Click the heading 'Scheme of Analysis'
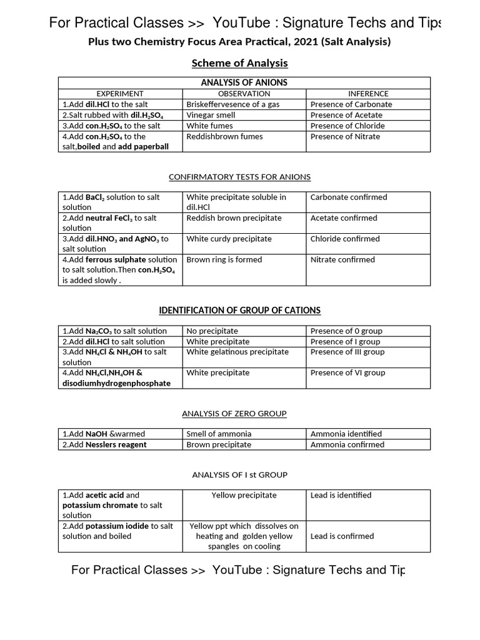click(x=239, y=63)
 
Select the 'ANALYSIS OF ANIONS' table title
click(x=244, y=82)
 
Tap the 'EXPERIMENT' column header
click(x=119, y=94)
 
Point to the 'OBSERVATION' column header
click(x=244, y=94)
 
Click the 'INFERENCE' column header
click(x=368, y=94)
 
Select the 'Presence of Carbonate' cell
click(x=351, y=104)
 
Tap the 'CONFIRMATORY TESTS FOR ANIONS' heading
click(x=239, y=177)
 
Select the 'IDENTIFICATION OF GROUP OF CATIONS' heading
click(x=239, y=311)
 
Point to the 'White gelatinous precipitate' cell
click(x=237, y=352)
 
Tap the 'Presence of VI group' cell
click(x=347, y=372)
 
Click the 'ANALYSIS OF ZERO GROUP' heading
click(x=234, y=414)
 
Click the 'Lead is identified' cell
click(x=341, y=495)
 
